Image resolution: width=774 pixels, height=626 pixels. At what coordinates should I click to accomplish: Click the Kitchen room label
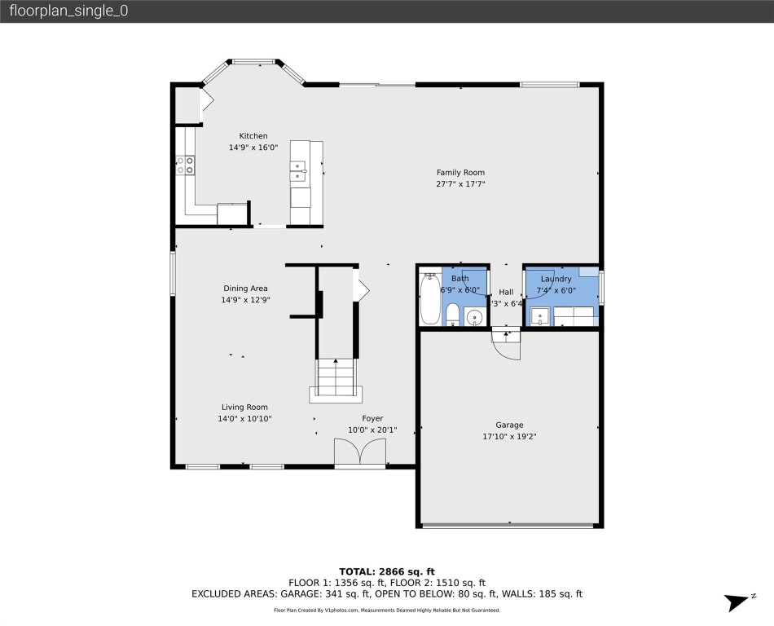pos(253,136)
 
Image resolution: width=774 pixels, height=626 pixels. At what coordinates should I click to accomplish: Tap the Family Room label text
pos(460,172)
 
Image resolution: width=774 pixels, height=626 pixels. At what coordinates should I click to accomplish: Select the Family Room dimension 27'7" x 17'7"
pos(460,184)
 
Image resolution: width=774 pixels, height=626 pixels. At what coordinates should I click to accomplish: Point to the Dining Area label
pos(245,288)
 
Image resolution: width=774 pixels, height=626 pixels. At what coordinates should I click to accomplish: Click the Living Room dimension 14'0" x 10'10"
pos(244,419)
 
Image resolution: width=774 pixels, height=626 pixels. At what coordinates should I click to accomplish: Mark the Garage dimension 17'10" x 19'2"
pos(509,436)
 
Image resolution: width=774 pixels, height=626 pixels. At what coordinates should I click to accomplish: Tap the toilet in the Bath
pos(452,314)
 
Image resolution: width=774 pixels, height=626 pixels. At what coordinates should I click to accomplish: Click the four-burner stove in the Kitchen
pos(186,165)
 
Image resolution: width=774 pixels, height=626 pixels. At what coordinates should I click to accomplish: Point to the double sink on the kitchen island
pos(298,170)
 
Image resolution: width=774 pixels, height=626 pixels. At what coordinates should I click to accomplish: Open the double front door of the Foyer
pos(359,452)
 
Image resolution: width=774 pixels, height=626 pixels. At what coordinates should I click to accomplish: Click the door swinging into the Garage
pos(506,346)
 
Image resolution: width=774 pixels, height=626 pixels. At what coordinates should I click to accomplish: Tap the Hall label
pos(506,292)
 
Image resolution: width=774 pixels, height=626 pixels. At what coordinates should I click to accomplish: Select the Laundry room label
pos(556,279)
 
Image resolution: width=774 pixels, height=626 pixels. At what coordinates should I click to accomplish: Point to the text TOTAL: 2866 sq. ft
pos(386,571)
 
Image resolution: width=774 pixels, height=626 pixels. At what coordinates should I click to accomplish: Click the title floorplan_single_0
pos(68,11)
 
